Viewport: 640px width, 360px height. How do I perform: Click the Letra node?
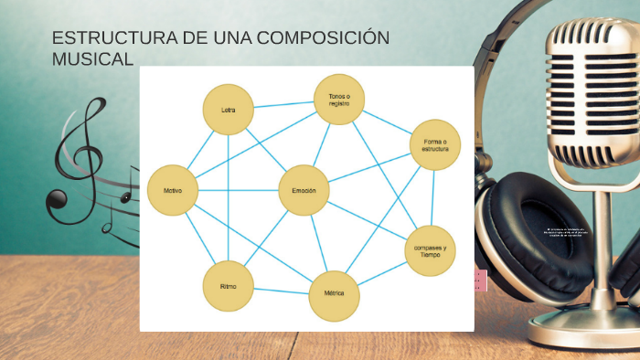point(228,110)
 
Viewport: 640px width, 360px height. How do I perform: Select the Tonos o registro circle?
point(339,99)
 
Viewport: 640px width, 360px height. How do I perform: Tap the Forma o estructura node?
point(435,144)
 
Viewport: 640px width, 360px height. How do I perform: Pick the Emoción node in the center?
point(304,190)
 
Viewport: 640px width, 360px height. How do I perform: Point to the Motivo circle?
point(172,190)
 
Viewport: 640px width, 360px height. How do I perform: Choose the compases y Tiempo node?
point(430,250)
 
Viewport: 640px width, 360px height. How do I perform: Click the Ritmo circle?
point(228,286)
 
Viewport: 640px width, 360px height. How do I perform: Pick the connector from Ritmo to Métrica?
point(281,291)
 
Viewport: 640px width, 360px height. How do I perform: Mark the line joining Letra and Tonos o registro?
point(283,104)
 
